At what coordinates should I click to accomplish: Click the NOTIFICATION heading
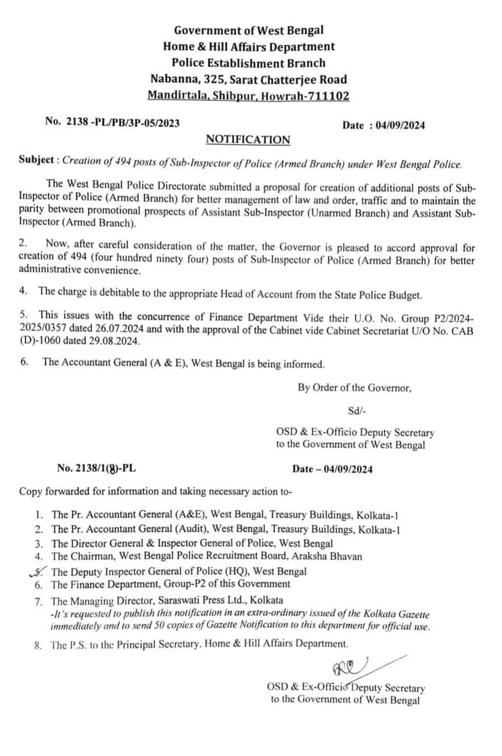[x=248, y=140]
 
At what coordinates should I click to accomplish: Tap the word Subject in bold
[x=38, y=160]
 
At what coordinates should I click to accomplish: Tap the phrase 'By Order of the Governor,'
[x=354, y=388]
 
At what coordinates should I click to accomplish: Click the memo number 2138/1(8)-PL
[x=99, y=468]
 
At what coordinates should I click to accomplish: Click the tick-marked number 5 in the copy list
[x=39, y=571]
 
